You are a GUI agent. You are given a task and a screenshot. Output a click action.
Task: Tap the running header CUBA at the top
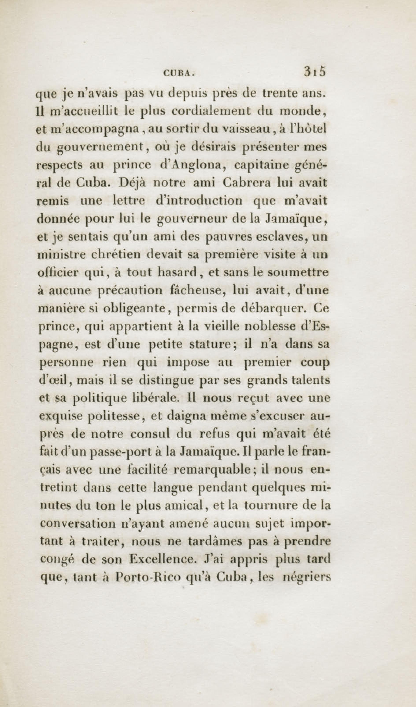tap(179, 74)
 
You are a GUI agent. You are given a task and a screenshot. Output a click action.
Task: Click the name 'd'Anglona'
tap(192, 165)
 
